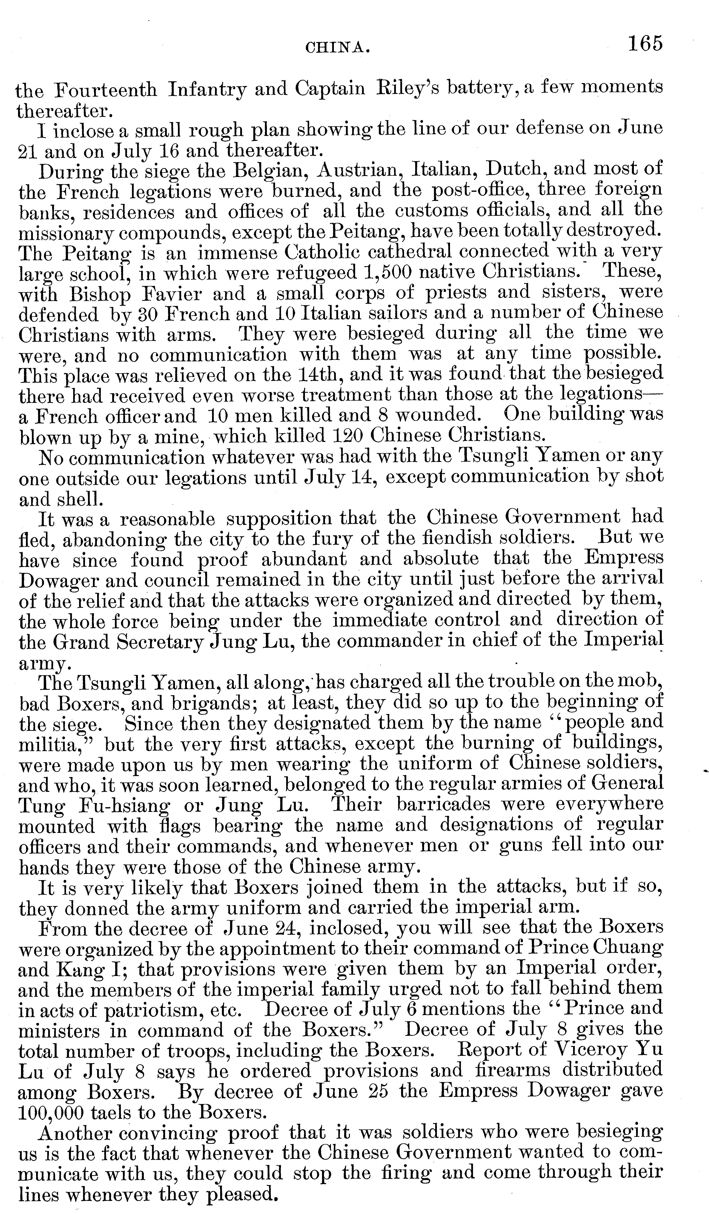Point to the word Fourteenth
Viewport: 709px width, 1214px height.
pyautogui.click(x=106, y=90)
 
